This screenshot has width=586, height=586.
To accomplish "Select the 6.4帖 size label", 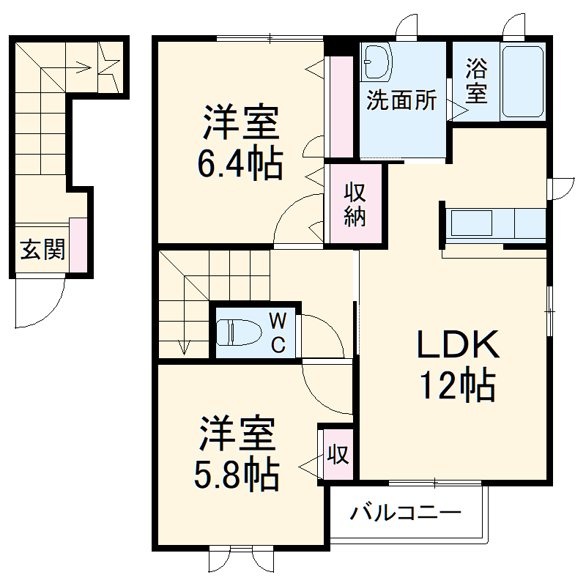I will tap(239, 165).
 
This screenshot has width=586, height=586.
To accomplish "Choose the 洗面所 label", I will tap(401, 101).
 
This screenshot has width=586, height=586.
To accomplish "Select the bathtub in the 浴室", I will tap(523, 81).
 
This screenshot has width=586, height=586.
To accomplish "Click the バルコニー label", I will tap(404, 512).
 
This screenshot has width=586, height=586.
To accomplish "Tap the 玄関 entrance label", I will tap(42, 251).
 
